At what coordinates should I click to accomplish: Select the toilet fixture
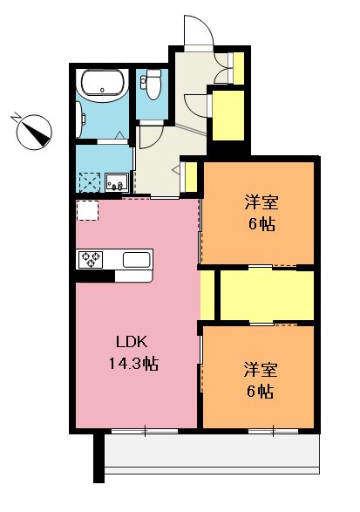point(153,85)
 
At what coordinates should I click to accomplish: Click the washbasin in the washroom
point(118,183)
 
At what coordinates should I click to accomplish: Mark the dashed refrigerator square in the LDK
point(88,212)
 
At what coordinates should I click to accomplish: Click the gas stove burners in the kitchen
point(92,259)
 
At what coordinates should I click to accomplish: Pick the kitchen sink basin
point(138,259)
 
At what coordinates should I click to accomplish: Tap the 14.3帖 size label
point(132,361)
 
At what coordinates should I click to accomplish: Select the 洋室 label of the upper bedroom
point(261,203)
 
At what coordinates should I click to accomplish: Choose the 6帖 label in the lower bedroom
point(261,392)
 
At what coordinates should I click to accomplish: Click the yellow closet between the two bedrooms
point(266,296)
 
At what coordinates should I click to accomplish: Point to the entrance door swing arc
point(199,31)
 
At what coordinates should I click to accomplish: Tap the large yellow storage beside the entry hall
point(228,114)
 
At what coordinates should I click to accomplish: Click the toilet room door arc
point(148,136)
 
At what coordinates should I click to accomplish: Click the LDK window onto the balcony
point(144,432)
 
